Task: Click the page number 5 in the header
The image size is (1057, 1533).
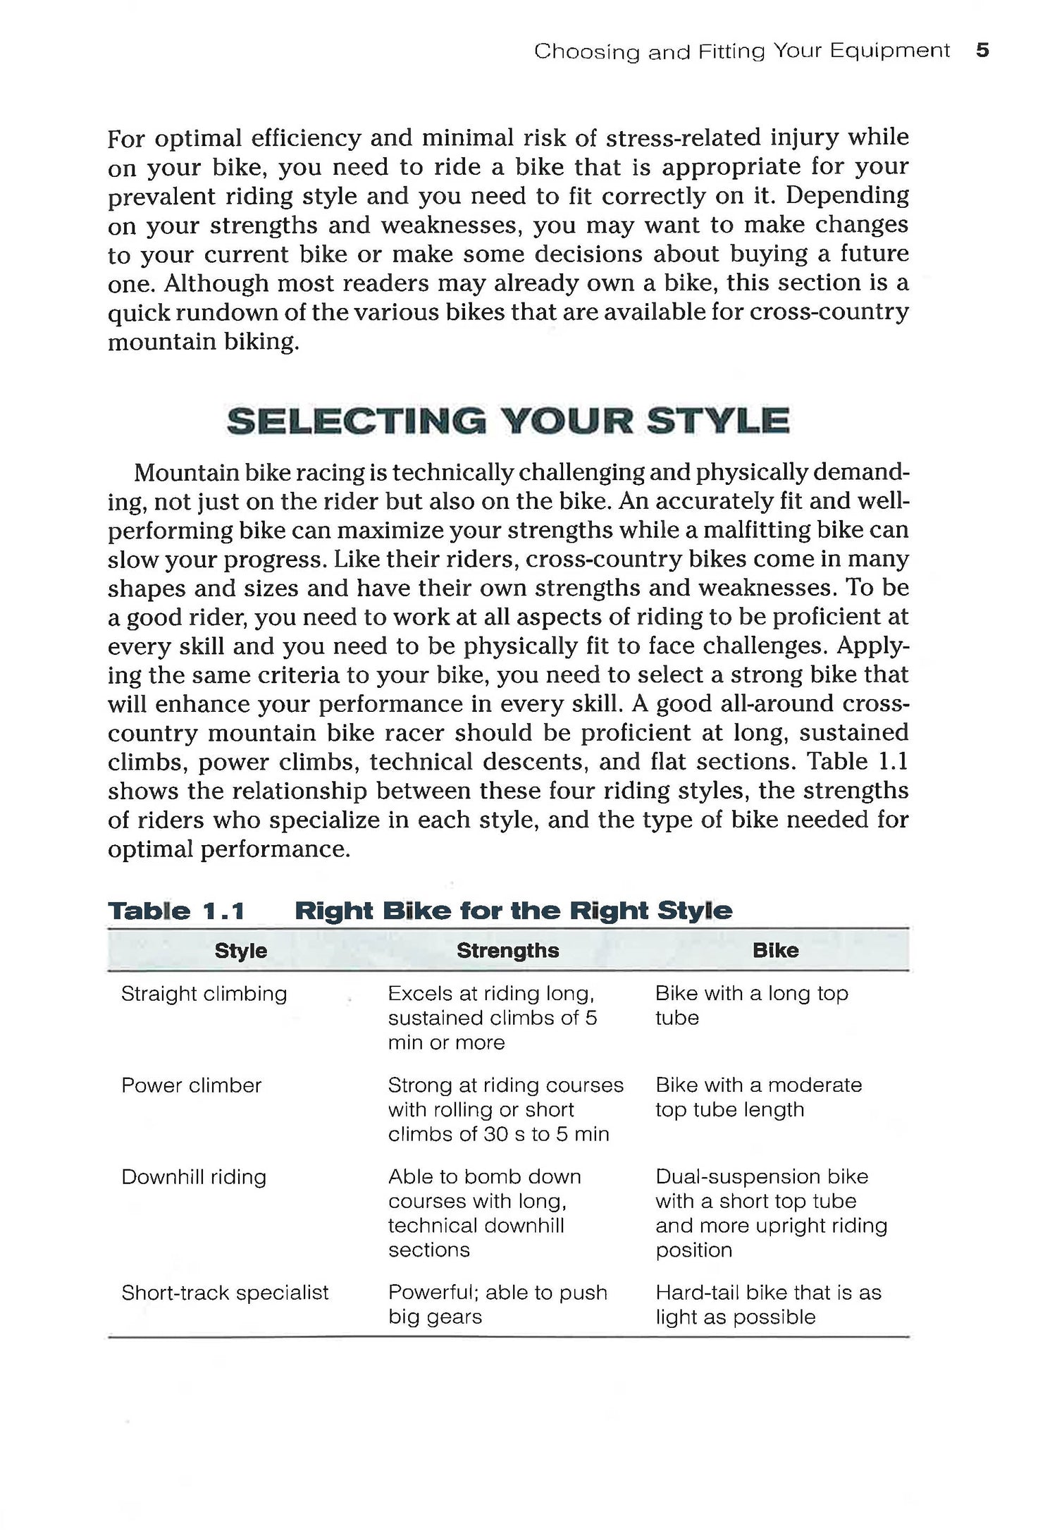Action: coord(983,51)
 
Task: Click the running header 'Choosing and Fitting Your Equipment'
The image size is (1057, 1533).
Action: coord(741,51)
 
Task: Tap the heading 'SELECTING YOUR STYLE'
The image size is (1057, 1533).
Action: coord(508,421)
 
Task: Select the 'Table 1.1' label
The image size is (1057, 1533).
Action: coord(176,911)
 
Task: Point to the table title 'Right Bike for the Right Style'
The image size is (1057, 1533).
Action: coord(513,911)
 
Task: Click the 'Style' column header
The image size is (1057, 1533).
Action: coord(240,951)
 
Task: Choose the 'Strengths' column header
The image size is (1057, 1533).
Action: coord(507,950)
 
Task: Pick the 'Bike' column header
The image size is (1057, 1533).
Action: coord(775,950)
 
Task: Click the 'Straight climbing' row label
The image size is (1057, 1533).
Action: coord(204,994)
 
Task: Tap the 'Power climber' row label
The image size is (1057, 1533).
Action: coord(191,1085)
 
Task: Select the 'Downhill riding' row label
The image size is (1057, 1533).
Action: coord(194,1177)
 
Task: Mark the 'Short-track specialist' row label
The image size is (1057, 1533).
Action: coord(225,1293)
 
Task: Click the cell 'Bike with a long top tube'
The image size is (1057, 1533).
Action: coord(751,1006)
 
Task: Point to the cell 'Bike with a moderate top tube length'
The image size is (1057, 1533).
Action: coord(758,1097)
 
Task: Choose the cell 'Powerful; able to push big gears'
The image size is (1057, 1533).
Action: coord(497,1305)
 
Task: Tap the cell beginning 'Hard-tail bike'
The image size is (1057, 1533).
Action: coord(768,1305)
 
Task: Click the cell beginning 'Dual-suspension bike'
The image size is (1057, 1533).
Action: coord(771,1213)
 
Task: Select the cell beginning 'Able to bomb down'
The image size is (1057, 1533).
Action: coord(484,1213)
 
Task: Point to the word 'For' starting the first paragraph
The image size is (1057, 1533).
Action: coord(126,138)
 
